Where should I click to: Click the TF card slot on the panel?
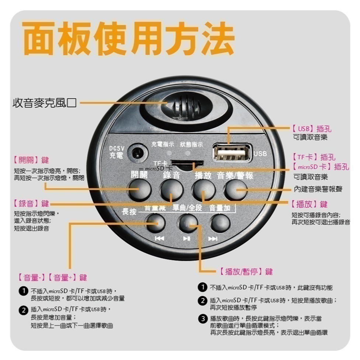188,162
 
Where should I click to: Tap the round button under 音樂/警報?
235,190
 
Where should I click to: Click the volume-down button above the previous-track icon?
155,222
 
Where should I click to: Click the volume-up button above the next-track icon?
220,222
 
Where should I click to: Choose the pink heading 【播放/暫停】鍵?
244,272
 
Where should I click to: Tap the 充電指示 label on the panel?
163,144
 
